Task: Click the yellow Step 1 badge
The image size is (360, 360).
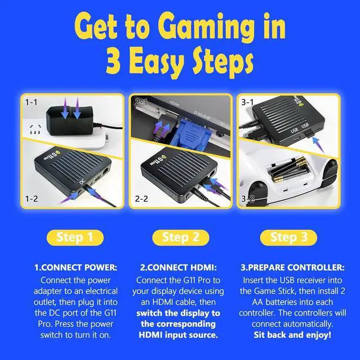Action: click(x=75, y=237)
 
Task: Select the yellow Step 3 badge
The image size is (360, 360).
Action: click(x=289, y=237)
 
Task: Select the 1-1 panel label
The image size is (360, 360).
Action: click(x=31, y=102)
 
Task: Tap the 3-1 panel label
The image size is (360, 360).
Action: click(x=247, y=102)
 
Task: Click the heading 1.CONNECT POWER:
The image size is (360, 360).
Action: click(x=75, y=267)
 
